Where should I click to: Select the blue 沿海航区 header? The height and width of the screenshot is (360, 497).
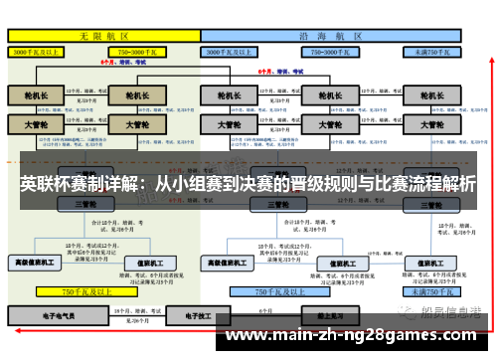pyautogui.click(x=329, y=35)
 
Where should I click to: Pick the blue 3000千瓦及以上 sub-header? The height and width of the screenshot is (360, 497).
pyautogui.click(x=232, y=50)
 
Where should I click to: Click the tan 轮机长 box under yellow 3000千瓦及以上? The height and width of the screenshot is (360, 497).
pyautogui.click(x=36, y=96)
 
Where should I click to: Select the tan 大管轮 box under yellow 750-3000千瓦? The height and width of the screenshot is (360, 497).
pyautogui.click(x=130, y=125)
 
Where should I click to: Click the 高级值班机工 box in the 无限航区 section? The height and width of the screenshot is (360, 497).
pyautogui.click(x=36, y=263)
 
